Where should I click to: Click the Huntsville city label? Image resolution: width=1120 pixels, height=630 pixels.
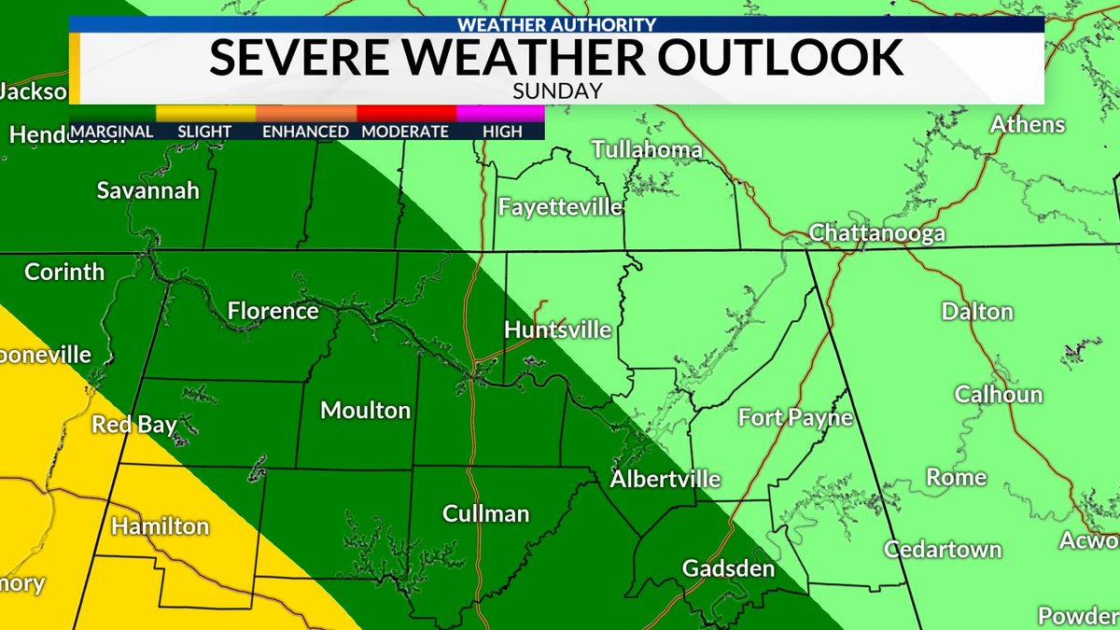pyautogui.click(x=557, y=329)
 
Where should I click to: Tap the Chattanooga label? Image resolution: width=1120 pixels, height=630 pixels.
pyautogui.click(x=876, y=233)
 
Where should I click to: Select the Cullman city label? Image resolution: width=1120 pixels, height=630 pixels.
pyautogui.click(x=485, y=514)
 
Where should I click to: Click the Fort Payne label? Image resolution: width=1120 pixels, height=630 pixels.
pyautogui.click(x=795, y=417)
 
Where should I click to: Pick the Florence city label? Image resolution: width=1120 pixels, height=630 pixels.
pyautogui.click(x=273, y=311)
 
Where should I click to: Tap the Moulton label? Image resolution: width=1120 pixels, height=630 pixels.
pyautogui.click(x=365, y=410)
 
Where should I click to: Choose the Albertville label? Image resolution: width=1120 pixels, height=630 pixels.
pyautogui.click(x=665, y=479)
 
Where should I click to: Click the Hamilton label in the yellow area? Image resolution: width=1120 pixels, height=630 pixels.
pyautogui.click(x=160, y=527)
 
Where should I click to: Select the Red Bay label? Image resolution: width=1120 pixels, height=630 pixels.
pyautogui.click(x=134, y=426)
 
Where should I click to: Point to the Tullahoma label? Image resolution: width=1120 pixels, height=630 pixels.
pyautogui.click(x=646, y=150)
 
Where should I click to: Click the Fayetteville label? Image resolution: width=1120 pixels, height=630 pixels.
pyautogui.click(x=560, y=206)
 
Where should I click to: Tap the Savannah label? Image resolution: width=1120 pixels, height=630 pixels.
pyautogui.click(x=148, y=190)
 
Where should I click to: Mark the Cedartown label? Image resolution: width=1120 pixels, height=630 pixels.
pyautogui.click(x=943, y=549)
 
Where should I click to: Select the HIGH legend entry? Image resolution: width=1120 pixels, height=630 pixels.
pyautogui.click(x=502, y=132)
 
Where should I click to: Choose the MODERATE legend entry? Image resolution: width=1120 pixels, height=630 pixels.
pyautogui.click(x=404, y=132)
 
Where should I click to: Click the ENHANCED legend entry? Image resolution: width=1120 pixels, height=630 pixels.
pyautogui.click(x=304, y=132)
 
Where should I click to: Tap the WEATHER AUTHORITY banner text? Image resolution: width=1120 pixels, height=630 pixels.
pyautogui.click(x=556, y=25)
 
